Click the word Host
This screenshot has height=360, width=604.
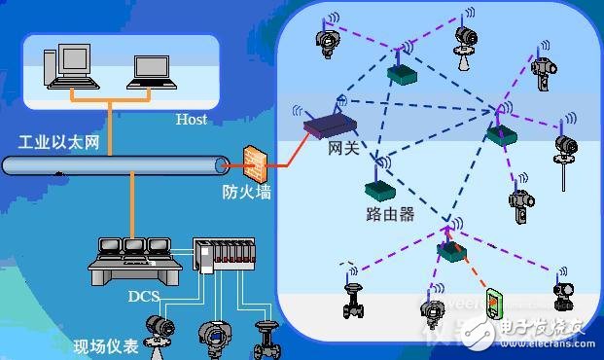point(191,120)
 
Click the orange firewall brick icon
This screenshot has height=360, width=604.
point(256,161)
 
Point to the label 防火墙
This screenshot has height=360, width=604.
point(246,193)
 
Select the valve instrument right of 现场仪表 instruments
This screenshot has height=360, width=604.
point(264,338)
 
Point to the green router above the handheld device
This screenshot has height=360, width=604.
point(451,249)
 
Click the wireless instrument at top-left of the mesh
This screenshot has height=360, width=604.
point(326,40)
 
